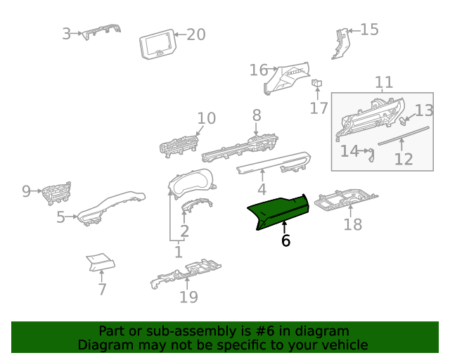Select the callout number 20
196,34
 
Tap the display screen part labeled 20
157,44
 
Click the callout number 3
66,34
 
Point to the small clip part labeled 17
316,83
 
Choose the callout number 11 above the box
384,82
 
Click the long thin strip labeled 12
404,136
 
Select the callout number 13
424,110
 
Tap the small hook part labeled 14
371,155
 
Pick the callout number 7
103,290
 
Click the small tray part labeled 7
101,262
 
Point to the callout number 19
188,297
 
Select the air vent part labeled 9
56,193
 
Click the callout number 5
60,217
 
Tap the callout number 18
353,224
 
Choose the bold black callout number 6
285,240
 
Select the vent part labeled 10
179,146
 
